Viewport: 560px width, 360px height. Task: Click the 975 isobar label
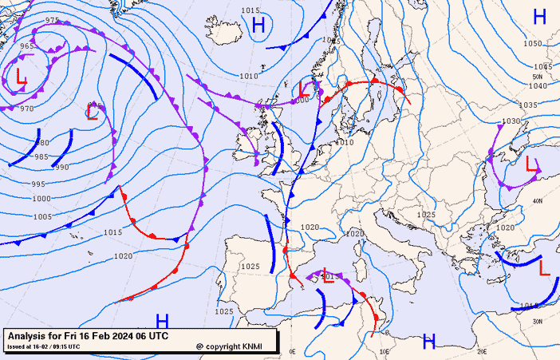[52, 20]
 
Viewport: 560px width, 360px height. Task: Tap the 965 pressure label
[27, 46]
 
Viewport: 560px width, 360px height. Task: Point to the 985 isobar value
[41, 156]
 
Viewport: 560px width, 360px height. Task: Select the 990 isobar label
[62, 167]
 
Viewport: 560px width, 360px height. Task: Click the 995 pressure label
[38, 184]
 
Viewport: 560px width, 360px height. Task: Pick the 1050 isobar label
[533, 44]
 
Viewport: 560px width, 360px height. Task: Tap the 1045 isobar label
[542, 66]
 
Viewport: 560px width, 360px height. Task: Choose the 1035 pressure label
[528, 105]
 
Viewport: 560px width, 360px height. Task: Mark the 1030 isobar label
[511, 121]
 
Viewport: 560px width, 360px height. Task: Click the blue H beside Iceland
[258, 26]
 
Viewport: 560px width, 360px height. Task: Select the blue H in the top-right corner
[539, 16]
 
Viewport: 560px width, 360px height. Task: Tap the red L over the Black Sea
[532, 165]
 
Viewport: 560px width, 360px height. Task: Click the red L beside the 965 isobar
[20, 78]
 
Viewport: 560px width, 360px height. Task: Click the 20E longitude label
[481, 350]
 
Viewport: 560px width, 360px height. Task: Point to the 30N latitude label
[537, 321]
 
